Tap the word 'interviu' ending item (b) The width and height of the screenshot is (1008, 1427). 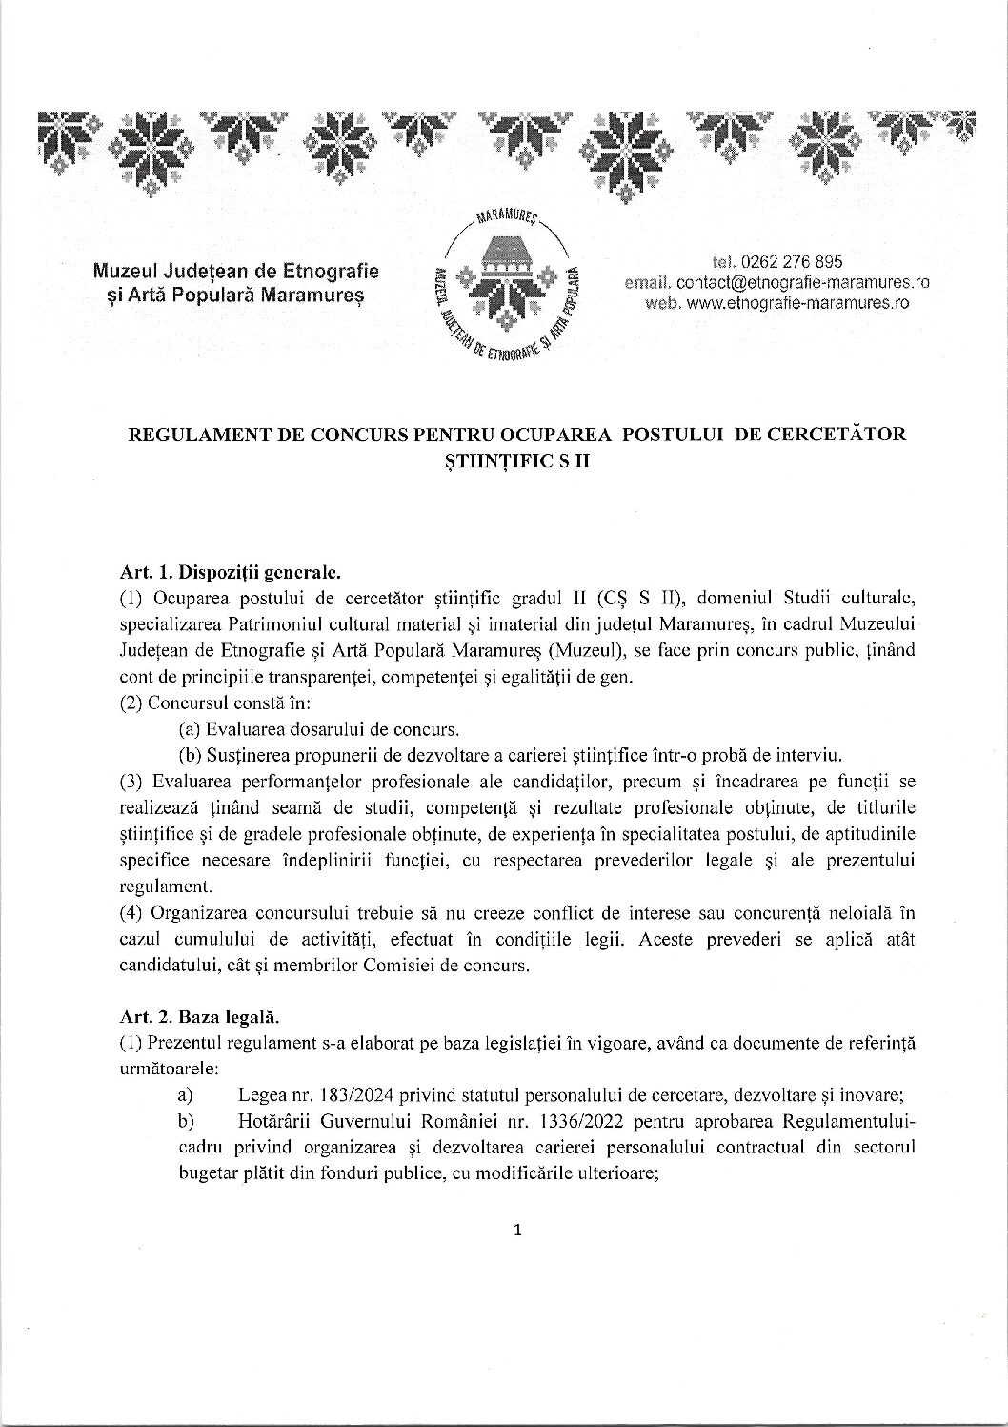click(x=808, y=757)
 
